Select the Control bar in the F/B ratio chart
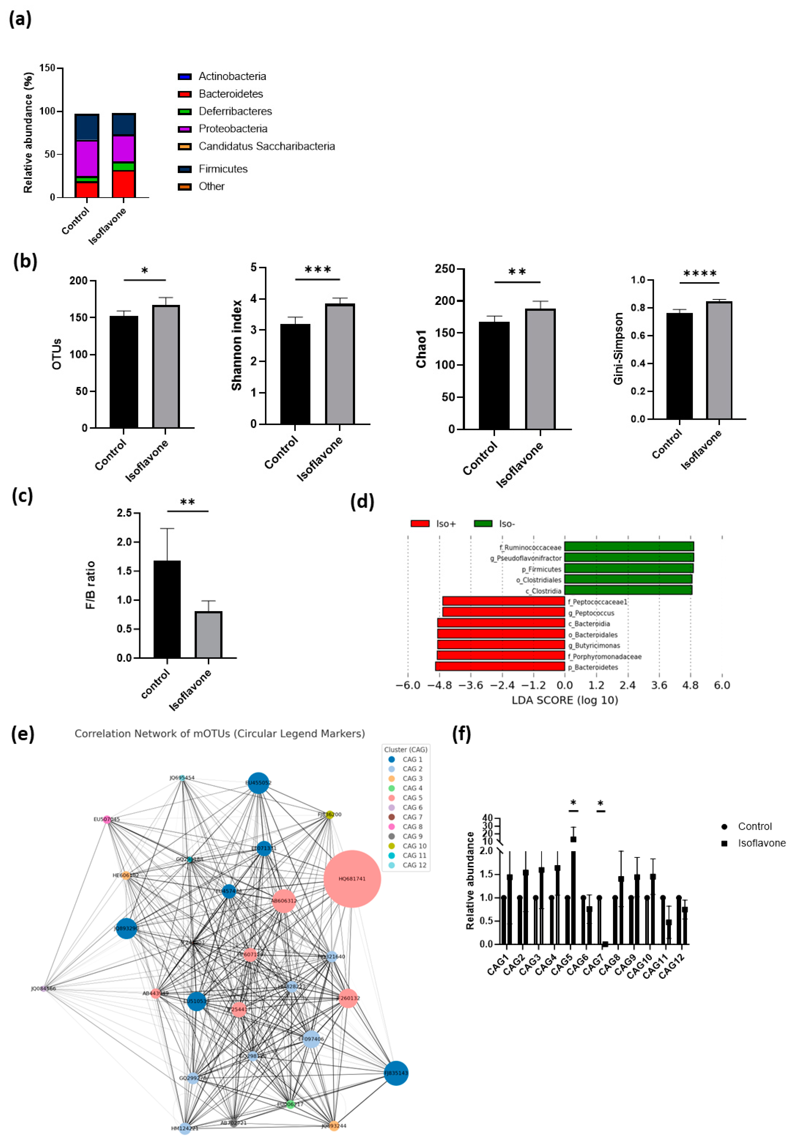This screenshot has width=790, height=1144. click(167, 609)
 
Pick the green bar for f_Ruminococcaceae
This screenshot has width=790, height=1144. click(629, 546)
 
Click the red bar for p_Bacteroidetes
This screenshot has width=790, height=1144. click(500, 666)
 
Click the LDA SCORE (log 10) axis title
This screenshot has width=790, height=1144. click(565, 700)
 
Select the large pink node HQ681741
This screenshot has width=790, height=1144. click(352, 879)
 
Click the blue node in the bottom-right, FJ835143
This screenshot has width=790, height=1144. click(396, 1073)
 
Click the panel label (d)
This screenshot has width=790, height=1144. click(362, 502)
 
